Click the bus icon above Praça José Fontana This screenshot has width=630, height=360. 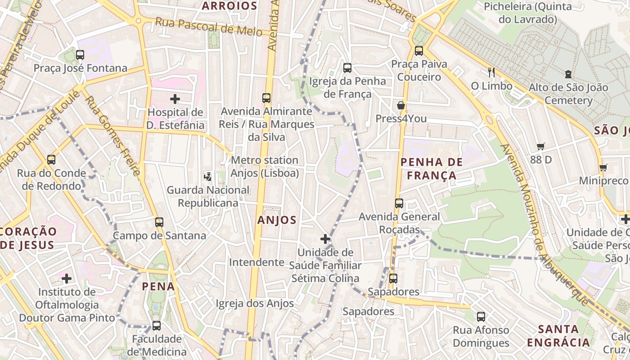tap(80, 55)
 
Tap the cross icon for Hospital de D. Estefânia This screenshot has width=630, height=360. tap(175, 99)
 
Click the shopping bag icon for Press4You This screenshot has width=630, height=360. tap(400, 105)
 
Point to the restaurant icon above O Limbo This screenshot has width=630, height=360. tap(491, 72)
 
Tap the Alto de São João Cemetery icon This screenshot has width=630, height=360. tap(568, 74)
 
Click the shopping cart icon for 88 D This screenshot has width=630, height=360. tap(540, 146)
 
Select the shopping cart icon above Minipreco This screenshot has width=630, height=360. tap(603, 167)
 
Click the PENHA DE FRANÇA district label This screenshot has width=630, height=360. tap(432, 168)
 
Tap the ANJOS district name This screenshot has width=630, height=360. tap(277, 220)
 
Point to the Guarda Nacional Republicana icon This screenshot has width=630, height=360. tap(208, 176)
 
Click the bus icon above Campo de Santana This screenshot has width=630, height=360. tap(159, 222)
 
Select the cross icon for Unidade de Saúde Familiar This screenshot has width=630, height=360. tap(325, 238)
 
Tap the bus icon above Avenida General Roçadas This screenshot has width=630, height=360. tap(399, 203)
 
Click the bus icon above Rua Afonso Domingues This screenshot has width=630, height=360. tap(481, 316)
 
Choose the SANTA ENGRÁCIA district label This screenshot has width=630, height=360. tap(558, 335)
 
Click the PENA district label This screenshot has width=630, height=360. tap(158, 286)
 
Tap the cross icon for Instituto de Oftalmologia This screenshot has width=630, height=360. tap(67, 279)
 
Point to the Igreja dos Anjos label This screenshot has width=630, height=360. tap(255, 304)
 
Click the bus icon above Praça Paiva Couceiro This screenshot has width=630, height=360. tap(419, 50)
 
